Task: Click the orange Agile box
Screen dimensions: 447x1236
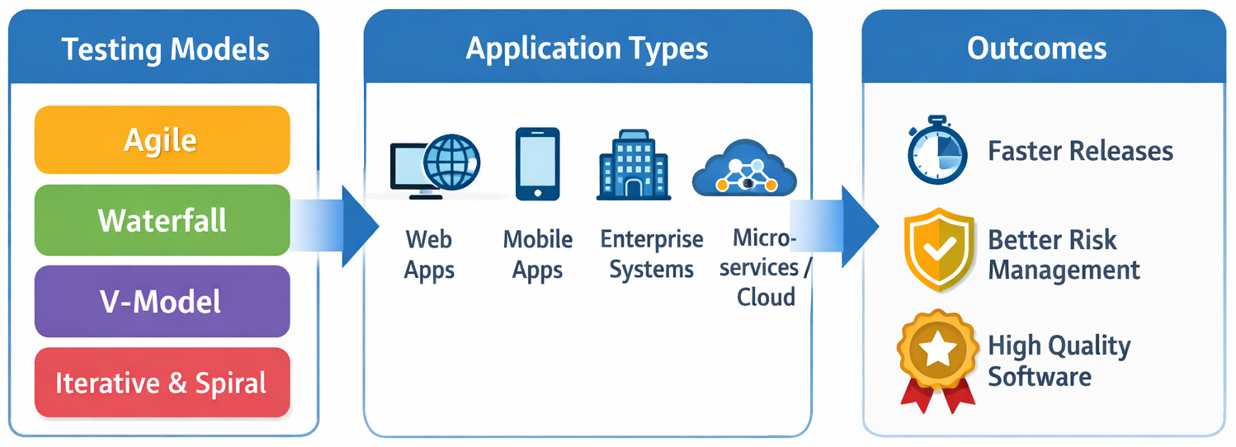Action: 162,139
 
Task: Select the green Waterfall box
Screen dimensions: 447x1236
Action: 162,220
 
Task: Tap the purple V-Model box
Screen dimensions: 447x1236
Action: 162,301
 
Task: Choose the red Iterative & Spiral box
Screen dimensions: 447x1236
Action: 162,383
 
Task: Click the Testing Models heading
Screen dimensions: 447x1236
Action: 165,49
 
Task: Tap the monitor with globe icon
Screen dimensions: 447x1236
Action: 436,165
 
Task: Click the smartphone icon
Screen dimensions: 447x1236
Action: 537,163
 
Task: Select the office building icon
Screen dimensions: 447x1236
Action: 633,164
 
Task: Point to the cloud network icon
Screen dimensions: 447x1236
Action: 744,169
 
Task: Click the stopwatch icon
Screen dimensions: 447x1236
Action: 936,153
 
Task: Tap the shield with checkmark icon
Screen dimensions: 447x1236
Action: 936,248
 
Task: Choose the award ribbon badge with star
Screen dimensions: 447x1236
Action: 936,357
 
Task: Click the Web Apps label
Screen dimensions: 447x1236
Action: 429,255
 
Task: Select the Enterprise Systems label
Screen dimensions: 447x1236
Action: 651,255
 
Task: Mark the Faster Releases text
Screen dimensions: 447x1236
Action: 1080,151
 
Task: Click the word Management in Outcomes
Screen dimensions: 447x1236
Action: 1064,270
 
